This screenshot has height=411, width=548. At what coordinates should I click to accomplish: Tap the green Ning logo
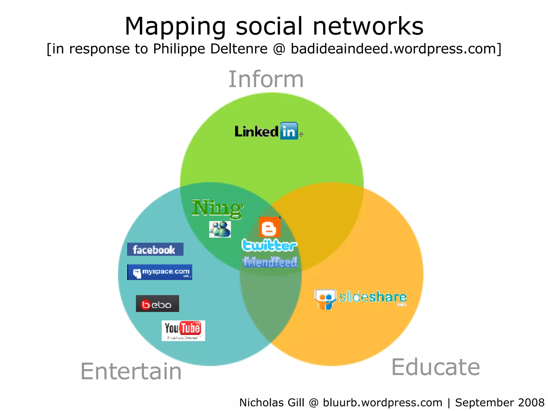(x=217, y=208)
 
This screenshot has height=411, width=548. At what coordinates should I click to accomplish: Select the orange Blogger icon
(x=269, y=227)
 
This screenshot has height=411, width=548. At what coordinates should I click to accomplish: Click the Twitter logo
(x=269, y=245)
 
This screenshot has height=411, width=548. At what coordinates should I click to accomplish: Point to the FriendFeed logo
(x=270, y=262)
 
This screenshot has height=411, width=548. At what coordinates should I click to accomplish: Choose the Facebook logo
(x=155, y=249)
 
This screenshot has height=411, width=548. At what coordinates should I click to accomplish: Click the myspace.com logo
(x=160, y=272)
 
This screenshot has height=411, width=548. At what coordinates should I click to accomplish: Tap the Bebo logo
(x=157, y=304)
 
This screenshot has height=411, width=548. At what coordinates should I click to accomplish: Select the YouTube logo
(x=183, y=330)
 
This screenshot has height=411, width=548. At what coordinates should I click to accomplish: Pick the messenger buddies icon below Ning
(x=220, y=229)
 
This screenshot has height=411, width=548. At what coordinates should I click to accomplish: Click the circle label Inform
(x=266, y=79)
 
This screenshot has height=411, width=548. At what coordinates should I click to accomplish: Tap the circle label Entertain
(x=131, y=371)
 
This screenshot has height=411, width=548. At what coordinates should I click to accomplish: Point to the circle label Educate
(x=435, y=367)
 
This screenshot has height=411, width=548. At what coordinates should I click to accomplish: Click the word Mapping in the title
(x=175, y=27)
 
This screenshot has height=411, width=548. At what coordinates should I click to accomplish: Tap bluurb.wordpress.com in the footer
(x=382, y=402)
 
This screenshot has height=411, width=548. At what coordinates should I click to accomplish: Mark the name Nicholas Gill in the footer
(x=272, y=402)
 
